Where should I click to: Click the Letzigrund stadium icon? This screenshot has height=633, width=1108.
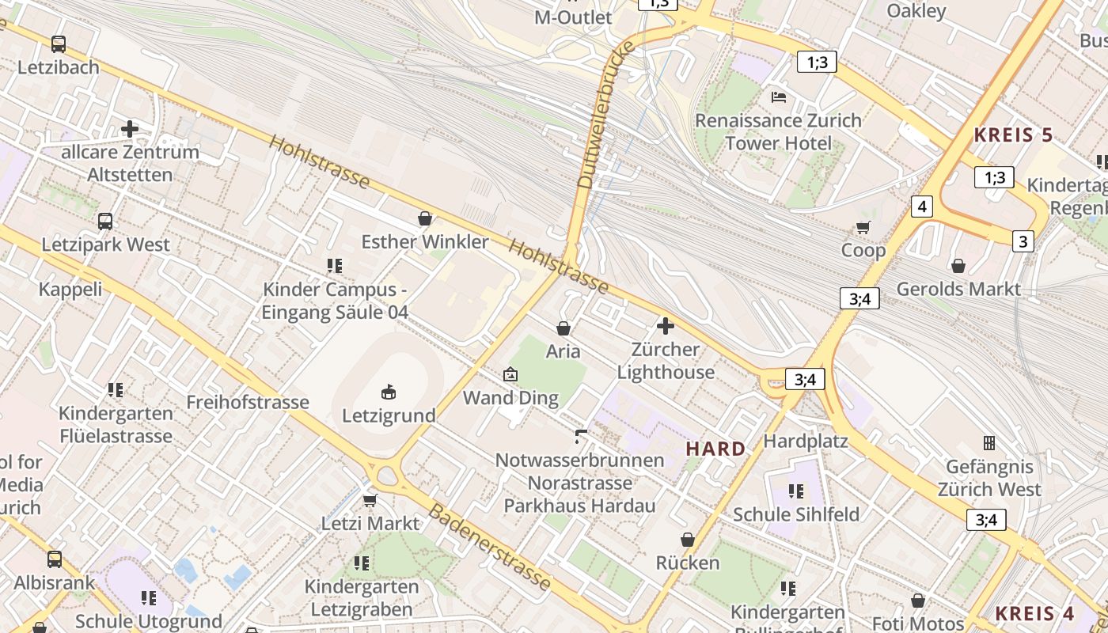pyautogui.click(x=389, y=392)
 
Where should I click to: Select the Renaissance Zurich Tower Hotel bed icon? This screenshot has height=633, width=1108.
pyautogui.click(x=779, y=97)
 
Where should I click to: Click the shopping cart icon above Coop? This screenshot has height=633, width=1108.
pyautogui.click(x=863, y=228)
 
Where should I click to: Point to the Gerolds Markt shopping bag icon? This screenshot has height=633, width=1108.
pyautogui.click(x=958, y=266)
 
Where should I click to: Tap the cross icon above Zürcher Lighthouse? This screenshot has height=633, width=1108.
pyautogui.click(x=666, y=325)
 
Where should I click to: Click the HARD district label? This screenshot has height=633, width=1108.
pyautogui.click(x=715, y=449)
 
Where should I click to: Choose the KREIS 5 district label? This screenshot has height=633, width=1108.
pyautogui.click(x=1013, y=135)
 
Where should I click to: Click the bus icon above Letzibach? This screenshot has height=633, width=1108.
pyautogui.click(x=59, y=44)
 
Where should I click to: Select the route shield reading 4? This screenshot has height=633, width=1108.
pyautogui.click(x=921, y=207)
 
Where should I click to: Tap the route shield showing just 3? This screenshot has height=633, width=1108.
pyautogui.click(x=1023, y=241)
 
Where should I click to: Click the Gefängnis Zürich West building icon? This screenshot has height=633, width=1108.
pyautogui.click(x=988, y=443)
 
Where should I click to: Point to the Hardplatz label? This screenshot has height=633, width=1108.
pyautogui.click(x=806, y=441)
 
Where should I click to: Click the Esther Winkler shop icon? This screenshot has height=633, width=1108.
pyautogui.click(x=425, y=218)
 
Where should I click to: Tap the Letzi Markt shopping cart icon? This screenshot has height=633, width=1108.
pyautogui.click(x=370, y=500)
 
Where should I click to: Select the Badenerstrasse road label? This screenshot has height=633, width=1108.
pyautogui.click(x=489, y=547)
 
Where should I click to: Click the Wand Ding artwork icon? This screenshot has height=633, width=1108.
pyautogui.click(x=510, y=374)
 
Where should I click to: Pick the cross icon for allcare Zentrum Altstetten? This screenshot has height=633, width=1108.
pyautogui.click(x=130, y=128)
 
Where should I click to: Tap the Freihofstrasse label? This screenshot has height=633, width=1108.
pyautogui.click(x=247, y=402)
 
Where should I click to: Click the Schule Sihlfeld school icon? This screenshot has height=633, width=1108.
pyautogui.click(x=795, y=491)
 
